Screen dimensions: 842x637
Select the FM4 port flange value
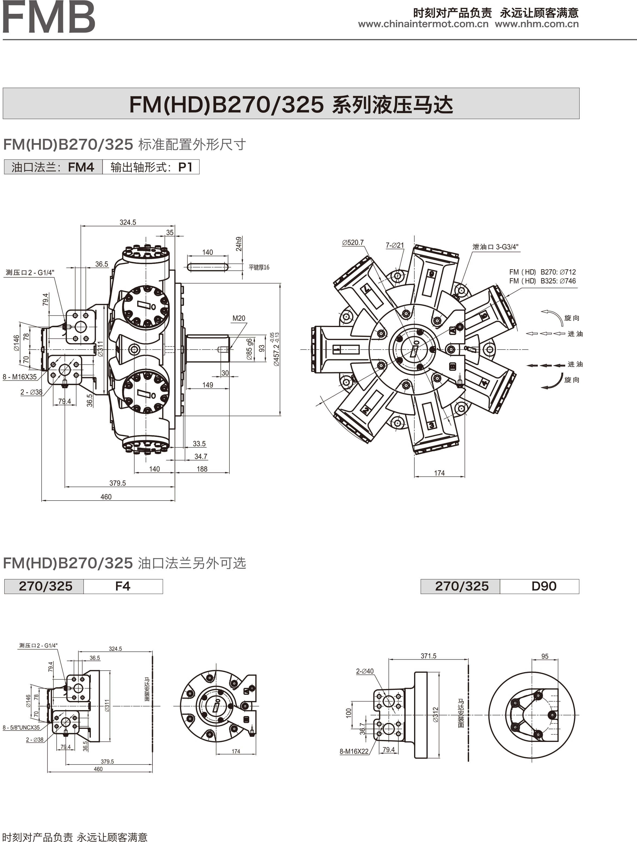(81, 167)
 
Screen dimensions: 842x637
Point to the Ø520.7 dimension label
(353, 242)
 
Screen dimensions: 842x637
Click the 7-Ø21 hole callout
(395, 245)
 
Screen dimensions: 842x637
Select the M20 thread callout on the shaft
(239, 318)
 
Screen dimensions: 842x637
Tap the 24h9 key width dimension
(239, 244)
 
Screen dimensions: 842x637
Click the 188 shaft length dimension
(202, 469)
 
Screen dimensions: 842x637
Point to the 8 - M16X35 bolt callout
(20, 377)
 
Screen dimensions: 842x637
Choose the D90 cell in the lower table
(544, 586)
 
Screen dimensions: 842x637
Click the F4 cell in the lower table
(123, 586)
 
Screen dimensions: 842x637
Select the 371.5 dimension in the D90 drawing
(428, 656)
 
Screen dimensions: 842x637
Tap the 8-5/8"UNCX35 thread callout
(21, 727)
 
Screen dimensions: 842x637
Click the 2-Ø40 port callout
(365, 671)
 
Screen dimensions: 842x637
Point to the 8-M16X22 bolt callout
(354, 751)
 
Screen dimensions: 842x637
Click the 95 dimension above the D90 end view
(545, 656)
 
